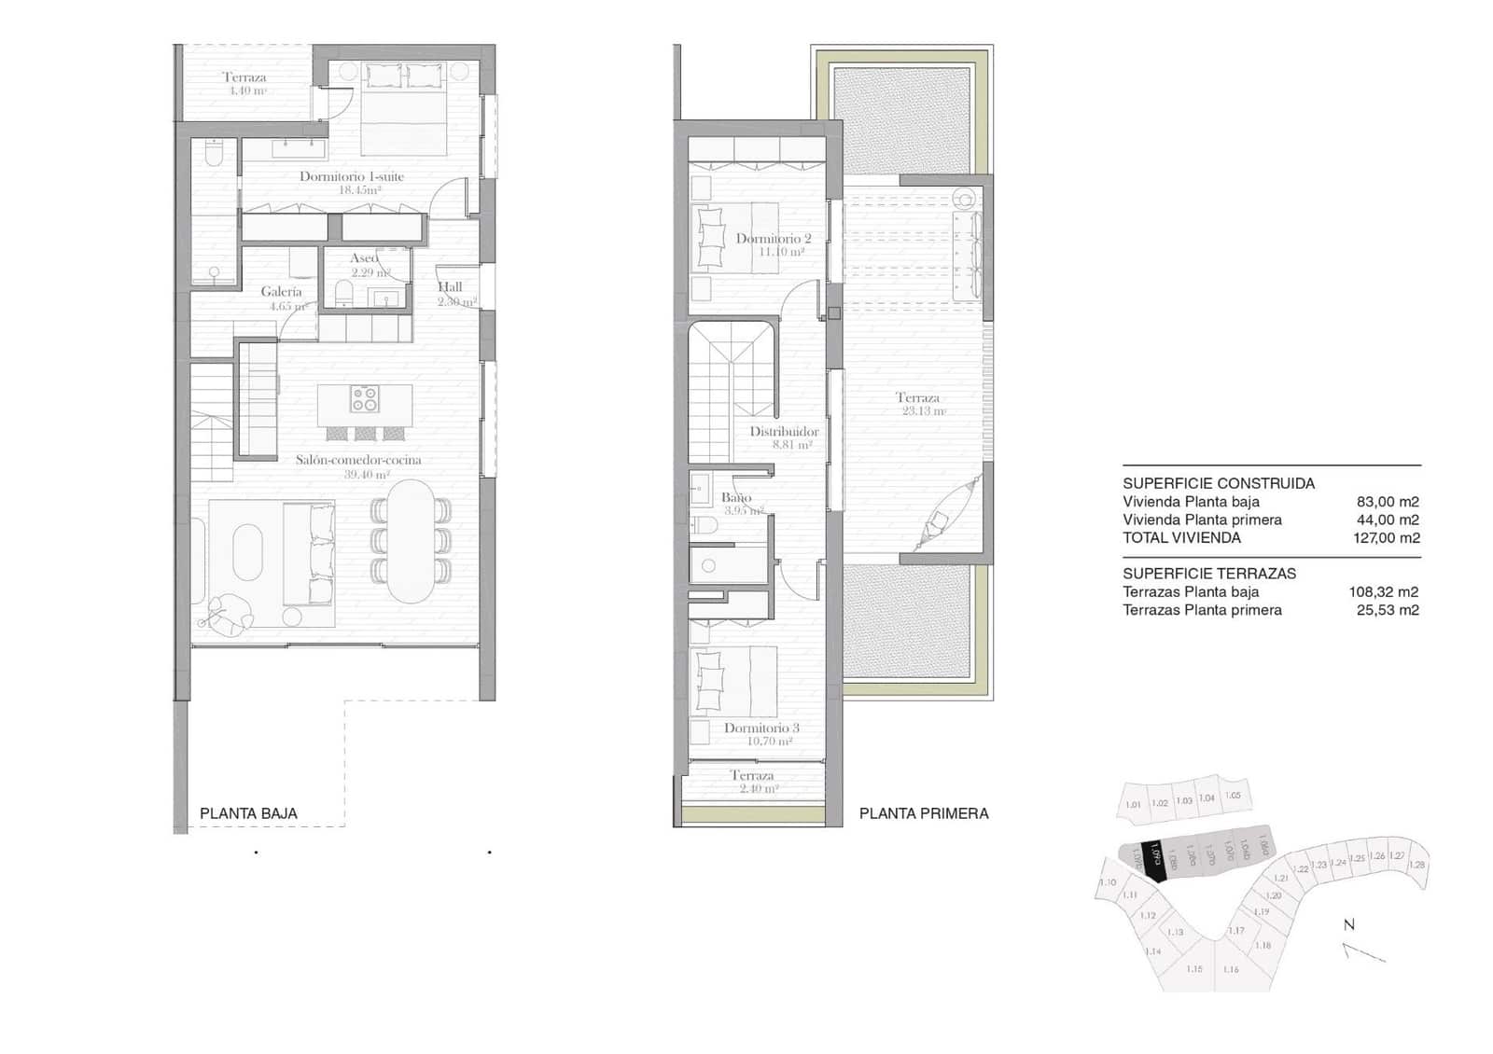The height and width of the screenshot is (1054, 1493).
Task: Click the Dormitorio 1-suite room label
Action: [352, 176]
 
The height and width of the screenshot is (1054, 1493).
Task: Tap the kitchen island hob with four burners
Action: [365, 399]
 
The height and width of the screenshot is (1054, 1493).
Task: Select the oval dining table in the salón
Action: [411, 541]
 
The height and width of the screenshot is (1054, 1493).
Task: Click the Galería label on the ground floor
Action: [281, 292]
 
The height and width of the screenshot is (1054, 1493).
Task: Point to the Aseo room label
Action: [364, 258]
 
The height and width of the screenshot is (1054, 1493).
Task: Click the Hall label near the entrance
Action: [450, 287]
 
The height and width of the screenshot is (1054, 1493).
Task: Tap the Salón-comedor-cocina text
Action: [358, 460]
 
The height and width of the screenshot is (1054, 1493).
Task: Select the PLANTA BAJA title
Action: [248, 813]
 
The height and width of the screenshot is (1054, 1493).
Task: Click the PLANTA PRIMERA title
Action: [924, 813]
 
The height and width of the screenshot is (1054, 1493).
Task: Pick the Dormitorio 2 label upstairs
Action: [774, 239]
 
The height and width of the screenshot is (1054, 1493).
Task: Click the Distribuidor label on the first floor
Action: [784, 432]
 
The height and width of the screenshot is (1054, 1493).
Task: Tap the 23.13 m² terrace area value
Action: [923, 411]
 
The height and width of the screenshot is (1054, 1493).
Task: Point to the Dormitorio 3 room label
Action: [761, 728]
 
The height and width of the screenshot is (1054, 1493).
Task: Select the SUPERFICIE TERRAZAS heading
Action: [1209, 574]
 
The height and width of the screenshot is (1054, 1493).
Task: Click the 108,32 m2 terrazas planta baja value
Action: [1383, 592]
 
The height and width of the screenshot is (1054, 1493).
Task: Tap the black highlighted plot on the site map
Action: [1156, 860]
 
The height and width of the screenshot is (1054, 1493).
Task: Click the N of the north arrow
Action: [1348, 925]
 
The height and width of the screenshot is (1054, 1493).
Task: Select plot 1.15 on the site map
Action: [1194, 969]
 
